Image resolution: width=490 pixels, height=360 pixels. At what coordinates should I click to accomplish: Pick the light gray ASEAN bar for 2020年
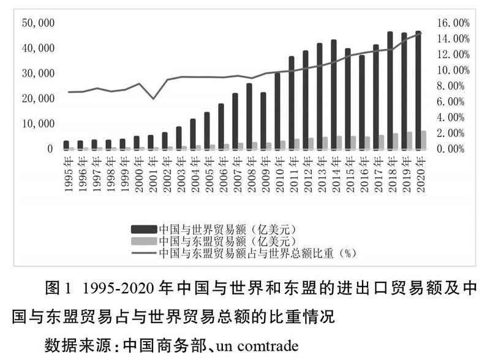pos(424,140)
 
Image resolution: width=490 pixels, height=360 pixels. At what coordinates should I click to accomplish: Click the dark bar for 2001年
pos(151,142)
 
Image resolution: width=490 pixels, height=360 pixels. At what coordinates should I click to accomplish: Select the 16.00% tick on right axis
pos(452,23)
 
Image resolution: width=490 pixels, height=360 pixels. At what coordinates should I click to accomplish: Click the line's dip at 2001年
pos(154,99)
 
